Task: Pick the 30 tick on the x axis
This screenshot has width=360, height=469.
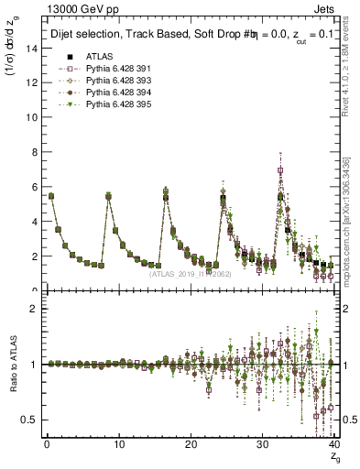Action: pyautogui.click(x=262, y=444)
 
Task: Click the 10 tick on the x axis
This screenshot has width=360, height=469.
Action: pyautogui.click(x=118, y=444)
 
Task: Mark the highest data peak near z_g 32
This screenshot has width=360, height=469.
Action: pyautogui.click(x=280, y=170)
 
